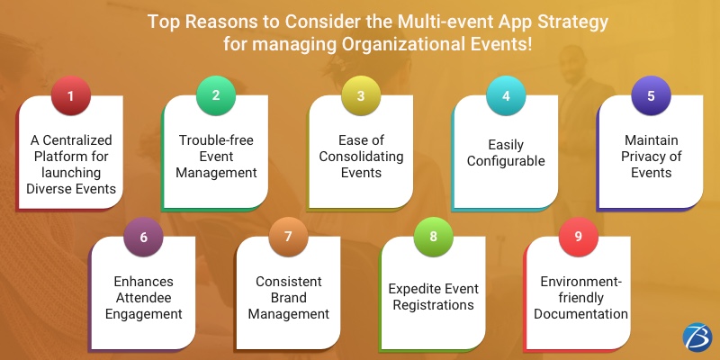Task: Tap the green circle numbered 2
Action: [215, 95]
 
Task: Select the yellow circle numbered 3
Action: [359, 95]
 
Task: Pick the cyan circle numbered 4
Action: [505, 95]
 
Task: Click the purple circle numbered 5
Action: [650, 95]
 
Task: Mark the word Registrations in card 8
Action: [432, 305]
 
